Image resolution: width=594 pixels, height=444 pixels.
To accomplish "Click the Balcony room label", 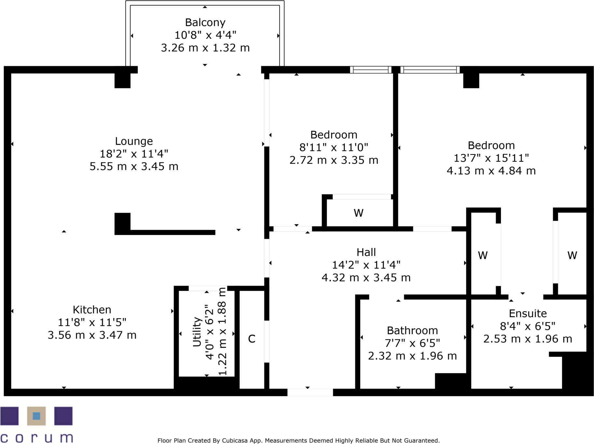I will click(205, 22).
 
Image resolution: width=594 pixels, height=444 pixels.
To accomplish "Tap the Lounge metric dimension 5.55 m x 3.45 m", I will click(134, 167).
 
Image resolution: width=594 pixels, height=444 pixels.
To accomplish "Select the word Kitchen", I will click(92, 310).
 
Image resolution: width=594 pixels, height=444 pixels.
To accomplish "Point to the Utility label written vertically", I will click(197, 332).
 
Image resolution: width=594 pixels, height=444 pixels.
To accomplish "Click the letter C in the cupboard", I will click(252, 339).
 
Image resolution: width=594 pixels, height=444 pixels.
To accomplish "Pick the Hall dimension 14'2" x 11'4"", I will click(366, 265).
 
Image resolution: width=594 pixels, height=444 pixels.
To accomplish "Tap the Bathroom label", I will click(412, 331).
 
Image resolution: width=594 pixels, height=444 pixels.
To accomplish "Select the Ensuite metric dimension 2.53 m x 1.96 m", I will click(527, 339).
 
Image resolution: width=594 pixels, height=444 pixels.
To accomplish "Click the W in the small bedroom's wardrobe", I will click(358, 213).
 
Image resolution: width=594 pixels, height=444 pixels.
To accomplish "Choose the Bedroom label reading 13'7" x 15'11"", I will click(491, 158).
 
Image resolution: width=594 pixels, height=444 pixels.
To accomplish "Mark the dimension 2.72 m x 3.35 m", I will click(334, 160).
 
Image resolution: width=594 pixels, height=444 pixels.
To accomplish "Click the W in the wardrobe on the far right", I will click(572, 256).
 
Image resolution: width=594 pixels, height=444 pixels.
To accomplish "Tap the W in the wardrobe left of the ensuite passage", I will click(483, 256).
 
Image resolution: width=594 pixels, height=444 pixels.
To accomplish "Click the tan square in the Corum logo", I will click(36, 416).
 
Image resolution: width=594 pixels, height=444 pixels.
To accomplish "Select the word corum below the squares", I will click(36, 437).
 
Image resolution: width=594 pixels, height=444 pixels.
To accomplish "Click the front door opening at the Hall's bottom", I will click(310, 392).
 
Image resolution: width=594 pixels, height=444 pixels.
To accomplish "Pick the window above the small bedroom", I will click(371, 69).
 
